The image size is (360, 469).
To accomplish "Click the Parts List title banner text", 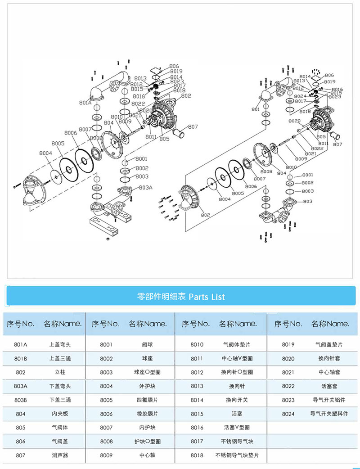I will (180, 297).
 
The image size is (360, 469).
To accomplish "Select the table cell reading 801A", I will (21, 345).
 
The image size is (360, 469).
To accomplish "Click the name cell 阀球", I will (147, 345).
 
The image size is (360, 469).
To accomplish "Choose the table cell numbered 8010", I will (197, 345).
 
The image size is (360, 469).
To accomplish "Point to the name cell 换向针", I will (235, 386).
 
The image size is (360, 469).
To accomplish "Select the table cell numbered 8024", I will (288, 414).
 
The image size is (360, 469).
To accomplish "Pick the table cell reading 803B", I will (21, 400).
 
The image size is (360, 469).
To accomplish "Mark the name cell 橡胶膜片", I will (147, 414).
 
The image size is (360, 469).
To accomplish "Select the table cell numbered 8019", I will (288, 345).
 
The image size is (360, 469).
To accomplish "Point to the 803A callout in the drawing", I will (145, 187).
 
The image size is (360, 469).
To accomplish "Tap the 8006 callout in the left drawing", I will (71, 133).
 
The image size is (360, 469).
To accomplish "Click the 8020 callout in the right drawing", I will (294, 121).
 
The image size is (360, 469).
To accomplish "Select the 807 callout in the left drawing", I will (193, 127).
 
